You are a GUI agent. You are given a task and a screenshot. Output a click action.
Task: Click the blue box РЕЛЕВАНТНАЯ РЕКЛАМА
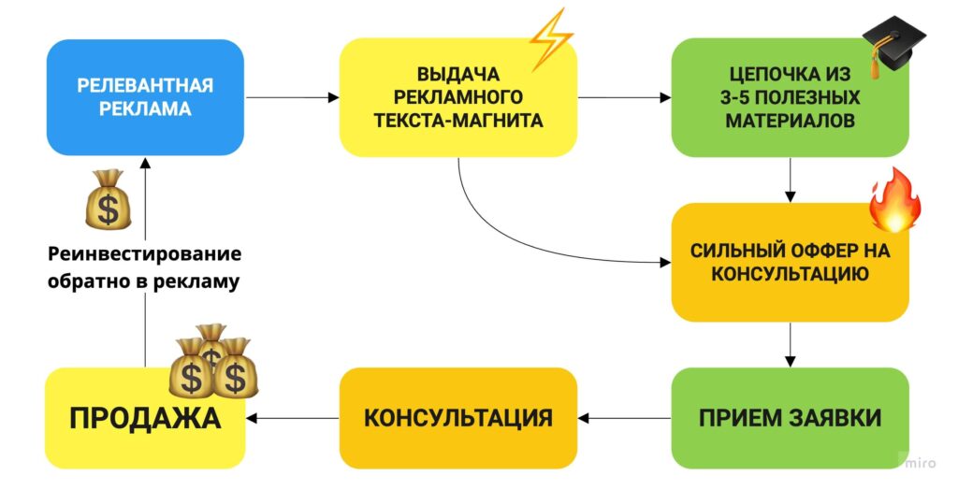point(145,97)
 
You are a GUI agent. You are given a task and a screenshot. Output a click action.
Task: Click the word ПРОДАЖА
point(145,418)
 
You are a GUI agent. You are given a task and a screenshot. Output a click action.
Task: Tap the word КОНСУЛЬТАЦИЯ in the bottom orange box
point(457,417)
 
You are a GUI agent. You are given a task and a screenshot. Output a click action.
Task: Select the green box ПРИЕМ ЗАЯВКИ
point(790,417)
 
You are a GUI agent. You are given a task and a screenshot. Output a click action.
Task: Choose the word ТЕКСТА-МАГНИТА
point(457,121)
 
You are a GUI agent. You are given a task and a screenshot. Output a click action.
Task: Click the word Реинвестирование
point(145,254)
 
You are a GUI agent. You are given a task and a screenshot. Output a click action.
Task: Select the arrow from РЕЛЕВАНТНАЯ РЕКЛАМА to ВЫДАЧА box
point(291,97)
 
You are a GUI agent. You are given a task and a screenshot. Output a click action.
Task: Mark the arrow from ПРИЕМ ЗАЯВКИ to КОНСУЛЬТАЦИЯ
point(624,418)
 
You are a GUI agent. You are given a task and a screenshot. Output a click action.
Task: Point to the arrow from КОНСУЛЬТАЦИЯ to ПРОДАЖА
point(291,418)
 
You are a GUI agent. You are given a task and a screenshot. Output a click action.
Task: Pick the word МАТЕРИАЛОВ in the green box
point(790,121)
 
